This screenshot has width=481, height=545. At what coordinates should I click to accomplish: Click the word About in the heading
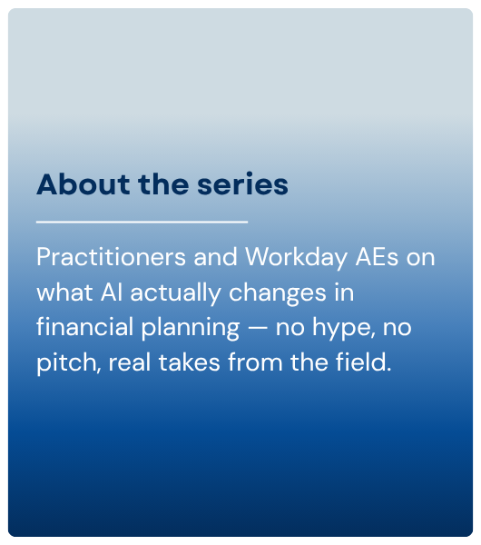[83, 184]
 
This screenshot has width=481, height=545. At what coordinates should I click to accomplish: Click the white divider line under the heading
[142, 222]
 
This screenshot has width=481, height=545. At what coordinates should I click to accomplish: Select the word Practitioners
[111, 257]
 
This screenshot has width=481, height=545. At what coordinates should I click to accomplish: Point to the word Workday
[296, 258]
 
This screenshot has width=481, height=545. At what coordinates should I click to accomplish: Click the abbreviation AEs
[378, 257]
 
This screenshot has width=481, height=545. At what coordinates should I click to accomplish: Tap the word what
[64, 292]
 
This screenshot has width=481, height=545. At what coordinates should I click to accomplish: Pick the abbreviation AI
[112, 292]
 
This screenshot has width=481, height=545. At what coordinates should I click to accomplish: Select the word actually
[176, 293]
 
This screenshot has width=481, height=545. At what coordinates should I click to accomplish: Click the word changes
[278, 293]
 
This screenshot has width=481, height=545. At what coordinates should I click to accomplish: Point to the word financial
[84, 327]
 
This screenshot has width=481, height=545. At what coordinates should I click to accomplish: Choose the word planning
[191, 328]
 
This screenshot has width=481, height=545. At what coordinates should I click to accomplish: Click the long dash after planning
[258, 329]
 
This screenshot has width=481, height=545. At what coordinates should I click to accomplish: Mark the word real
[130, 362]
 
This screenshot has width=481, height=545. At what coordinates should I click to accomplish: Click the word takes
[190, 362]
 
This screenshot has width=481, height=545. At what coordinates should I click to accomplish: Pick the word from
[255, 362]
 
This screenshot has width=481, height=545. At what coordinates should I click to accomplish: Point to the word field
[363, 362]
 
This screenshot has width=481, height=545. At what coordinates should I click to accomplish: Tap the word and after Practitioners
[215, 257]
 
